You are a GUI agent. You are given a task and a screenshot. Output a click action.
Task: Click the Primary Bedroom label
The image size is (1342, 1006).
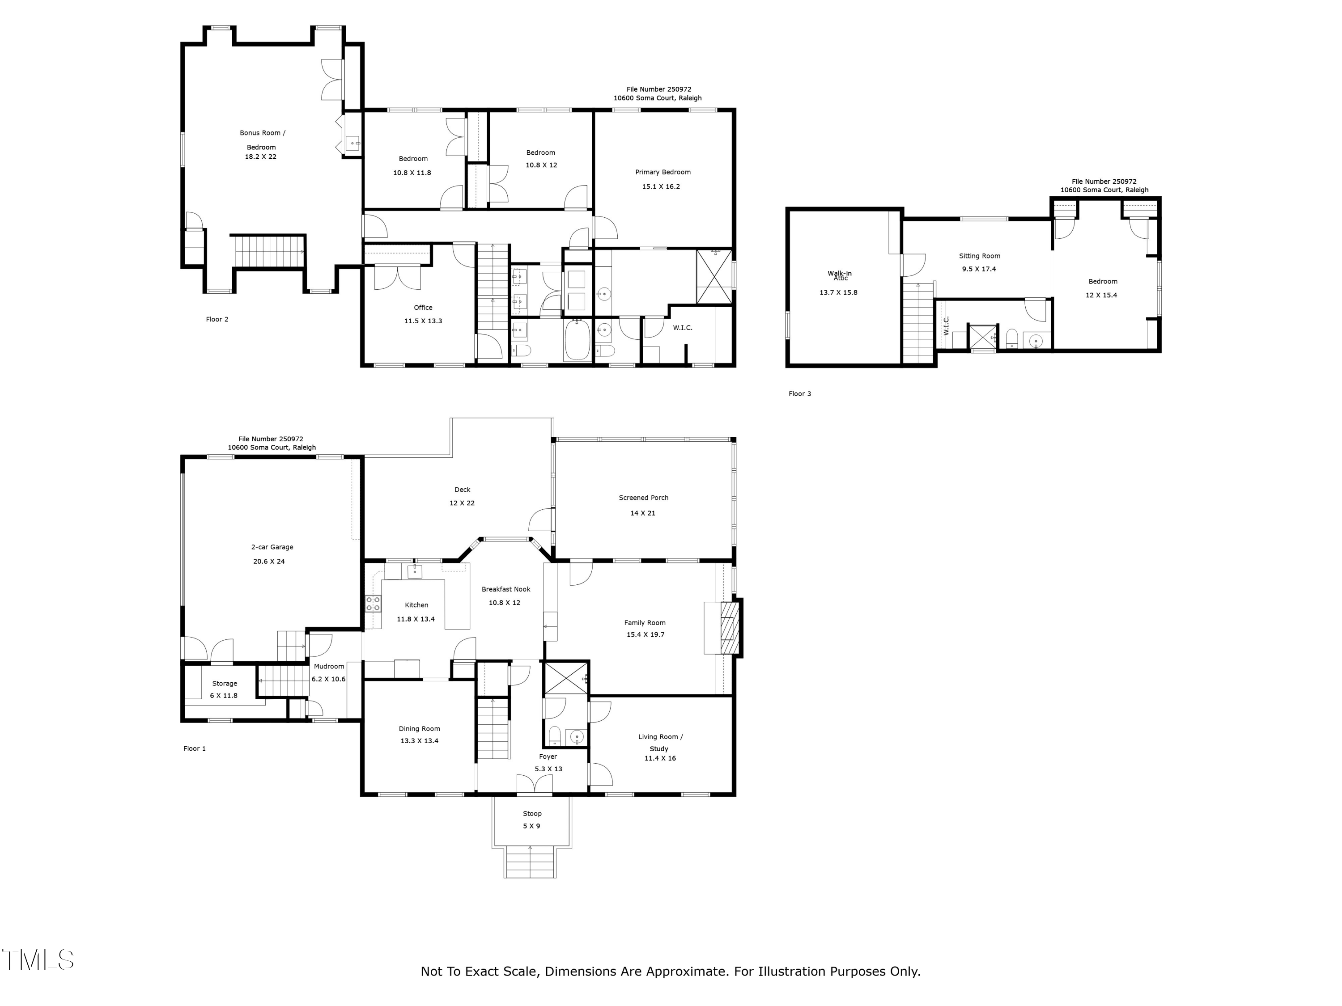tap(663, 172)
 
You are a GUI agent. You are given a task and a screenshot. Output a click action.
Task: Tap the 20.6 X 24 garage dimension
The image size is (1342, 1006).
tap(269, 562)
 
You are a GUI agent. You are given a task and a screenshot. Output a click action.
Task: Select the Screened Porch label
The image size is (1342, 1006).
tap(643, 498)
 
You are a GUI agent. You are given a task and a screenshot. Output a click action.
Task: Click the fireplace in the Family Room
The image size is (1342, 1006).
tap(727, 628)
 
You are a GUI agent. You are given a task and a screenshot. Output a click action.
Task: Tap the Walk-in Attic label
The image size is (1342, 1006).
tap(839, 275)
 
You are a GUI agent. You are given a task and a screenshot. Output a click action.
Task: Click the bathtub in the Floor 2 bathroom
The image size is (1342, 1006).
tap(577, 341)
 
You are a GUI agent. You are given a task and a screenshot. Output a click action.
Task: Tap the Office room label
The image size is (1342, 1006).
tap(423, 308)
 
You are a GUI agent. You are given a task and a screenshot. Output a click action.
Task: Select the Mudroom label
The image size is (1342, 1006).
tap(329, 667)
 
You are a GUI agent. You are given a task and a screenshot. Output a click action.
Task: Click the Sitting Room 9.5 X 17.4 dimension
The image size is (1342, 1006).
tap(979, 269)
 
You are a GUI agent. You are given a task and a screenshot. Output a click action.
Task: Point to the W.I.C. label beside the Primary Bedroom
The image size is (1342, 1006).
tap(682, 328)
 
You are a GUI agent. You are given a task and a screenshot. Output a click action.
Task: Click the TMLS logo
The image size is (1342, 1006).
tap(38, 960)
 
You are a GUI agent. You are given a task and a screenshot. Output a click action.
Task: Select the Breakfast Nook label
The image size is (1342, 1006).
tap(505, 589)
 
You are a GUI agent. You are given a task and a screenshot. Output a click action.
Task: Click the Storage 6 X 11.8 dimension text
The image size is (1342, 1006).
tap(223, 696)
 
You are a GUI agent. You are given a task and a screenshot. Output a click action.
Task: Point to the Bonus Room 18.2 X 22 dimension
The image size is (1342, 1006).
tap(260, 156)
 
